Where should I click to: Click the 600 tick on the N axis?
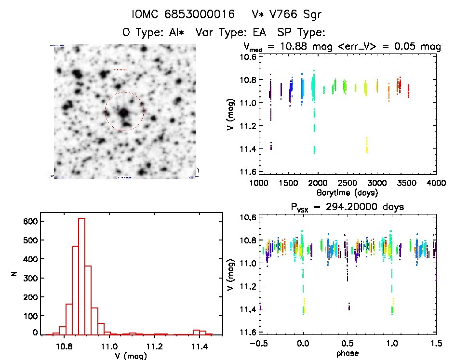coord(30,221)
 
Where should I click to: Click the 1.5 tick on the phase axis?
coord(436,343)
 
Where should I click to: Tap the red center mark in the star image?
coord(124,112)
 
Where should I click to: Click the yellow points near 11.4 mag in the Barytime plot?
coord(367,145)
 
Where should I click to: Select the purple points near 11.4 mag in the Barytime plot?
coord(271,146)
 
